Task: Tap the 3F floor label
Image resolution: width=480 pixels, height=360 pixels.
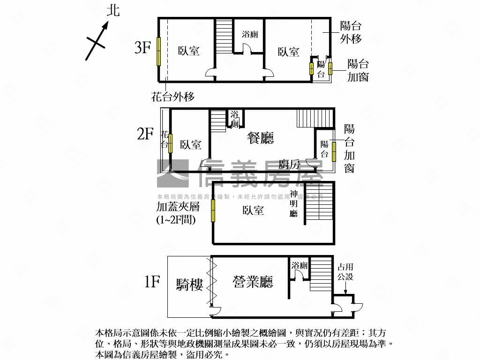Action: point(142,47)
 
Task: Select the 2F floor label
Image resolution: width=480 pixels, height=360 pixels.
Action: point(145,135)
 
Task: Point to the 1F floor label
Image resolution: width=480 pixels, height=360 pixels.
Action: point(152,282)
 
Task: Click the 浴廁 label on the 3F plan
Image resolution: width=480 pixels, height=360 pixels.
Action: point(249,34)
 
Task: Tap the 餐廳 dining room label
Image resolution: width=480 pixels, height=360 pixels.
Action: point(261,138)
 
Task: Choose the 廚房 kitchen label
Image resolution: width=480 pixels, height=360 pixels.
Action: point(289,164)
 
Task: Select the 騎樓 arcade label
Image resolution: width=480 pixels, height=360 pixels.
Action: point(190,285)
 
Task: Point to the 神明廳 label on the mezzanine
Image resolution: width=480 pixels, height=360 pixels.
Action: point(294,204)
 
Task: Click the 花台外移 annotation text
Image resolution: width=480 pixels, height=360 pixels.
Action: point(172,97)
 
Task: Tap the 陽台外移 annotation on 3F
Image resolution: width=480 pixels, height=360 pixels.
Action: point(351,32)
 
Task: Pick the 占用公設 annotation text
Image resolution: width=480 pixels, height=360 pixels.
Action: point(345,272)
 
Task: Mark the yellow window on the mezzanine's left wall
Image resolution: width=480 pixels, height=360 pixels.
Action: point(213,210)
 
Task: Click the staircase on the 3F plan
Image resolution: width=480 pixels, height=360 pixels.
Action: point(224,38)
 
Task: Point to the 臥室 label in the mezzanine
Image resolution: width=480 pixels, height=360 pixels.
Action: point(253,210)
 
